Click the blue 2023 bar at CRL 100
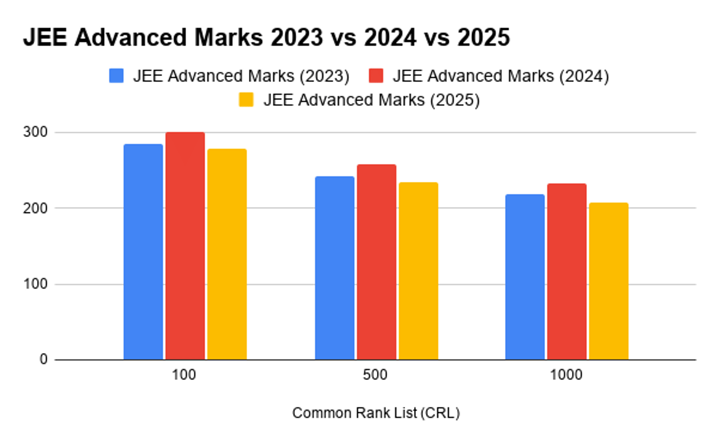pyautogui.click(x=143, y=252)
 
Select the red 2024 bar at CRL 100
pyautogui.click(x=185, y=246)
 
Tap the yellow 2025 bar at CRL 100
pyautogui.click(x=227, y=254)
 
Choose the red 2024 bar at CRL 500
pyautogui.click(x=376, y=262)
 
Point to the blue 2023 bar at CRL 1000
pyautogui.click(x=525, y=277)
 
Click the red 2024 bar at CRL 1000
pyautogui.click(x=567, y=272)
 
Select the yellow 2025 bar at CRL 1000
pyautogui.click(x=609, y=281)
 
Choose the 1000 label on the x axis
pyautogui.click(x=566, y=376)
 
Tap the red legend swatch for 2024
pyautogui.click(x=376, y=76)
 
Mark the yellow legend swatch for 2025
pyautogui.click(x=246, y=100)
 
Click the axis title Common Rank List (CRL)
pyautogui.click(x=376, y=413)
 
